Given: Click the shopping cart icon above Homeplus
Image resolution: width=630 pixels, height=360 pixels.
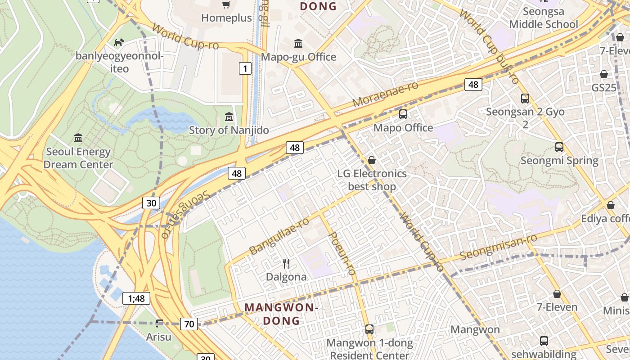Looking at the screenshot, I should [226, 5].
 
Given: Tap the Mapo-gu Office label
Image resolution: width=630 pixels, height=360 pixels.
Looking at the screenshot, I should [298, 57].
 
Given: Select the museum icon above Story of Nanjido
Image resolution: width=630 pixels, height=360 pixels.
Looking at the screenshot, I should [229, 117].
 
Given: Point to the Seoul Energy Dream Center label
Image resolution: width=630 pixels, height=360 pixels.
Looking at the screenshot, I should [78, 158].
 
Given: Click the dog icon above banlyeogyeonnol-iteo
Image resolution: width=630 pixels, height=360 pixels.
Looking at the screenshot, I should [119, 43].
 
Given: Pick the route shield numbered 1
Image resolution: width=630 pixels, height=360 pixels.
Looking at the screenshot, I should [244, 68].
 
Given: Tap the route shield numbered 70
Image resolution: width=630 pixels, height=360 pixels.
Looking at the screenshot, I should [189, 323].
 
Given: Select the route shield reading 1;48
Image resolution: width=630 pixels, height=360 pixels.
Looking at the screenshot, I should [136, 298].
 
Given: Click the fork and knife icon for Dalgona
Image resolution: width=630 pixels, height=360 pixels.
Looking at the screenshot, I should [286, 263].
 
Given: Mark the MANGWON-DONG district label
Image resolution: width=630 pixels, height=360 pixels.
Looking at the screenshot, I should [281, 314].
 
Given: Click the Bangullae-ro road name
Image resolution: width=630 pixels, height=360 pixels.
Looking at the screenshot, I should [279, 236].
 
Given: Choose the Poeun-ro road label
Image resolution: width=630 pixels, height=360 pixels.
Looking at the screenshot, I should [343, 253].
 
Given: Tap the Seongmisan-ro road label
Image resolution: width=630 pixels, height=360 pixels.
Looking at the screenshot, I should [499, 247].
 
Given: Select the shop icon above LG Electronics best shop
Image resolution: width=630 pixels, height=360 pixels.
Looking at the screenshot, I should [372, 161].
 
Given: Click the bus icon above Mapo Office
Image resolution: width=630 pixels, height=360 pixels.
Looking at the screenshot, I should [403, 114].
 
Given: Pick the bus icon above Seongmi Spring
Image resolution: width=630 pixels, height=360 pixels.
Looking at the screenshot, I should [559, 147].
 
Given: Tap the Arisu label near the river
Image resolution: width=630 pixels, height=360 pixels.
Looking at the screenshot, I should [159, 336].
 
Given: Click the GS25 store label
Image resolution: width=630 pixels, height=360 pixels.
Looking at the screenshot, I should [604, 87].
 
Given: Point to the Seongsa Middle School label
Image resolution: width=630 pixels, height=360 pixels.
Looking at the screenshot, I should [543, 18].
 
